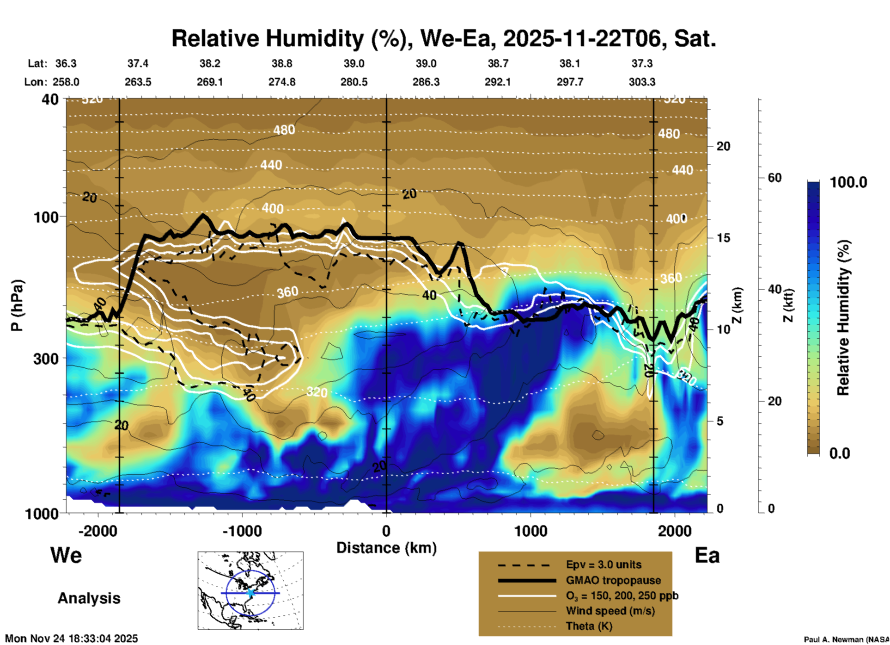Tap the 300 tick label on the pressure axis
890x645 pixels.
pyautogui.click(x=46, y=359)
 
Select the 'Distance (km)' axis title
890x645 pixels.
pyautogui.click(x=386, y=548)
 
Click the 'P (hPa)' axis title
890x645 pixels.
pyautogui.click(x=17, y=305)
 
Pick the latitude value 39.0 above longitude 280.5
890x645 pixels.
pyautogui.click(x=354, y=63)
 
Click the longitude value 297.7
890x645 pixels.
pyautogui.click(x=570, y=82)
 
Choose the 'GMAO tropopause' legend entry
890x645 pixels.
pyautogui.click(x=613, y=580)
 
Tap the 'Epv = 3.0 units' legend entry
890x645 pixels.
pyautogui.click(x=603, y=565)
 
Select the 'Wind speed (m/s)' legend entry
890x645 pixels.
pyautogui.click(x=610, y=611)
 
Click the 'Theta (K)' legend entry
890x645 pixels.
pyautogui.click(x=589, y=626)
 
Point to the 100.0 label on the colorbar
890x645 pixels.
pyautogui.click(x=848, y=182)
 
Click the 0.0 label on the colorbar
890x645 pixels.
pyautogui.click(x=840, y=453)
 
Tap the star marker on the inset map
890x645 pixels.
pyautogui.click(x=250, y=593)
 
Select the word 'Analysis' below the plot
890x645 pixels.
pyautogui.click(x=89, y=598)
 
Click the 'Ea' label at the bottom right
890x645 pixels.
pyautogui.click(x=707, y=556)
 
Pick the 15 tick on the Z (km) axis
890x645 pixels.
pyautogui.click(x=723, y=238)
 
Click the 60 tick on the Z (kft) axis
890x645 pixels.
pyautogui.click(x=774, y=178)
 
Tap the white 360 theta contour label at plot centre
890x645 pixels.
pyautogui.click(x=287, y=292)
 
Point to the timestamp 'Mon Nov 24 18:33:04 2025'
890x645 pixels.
pyautogui.click(x=72, y=639)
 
